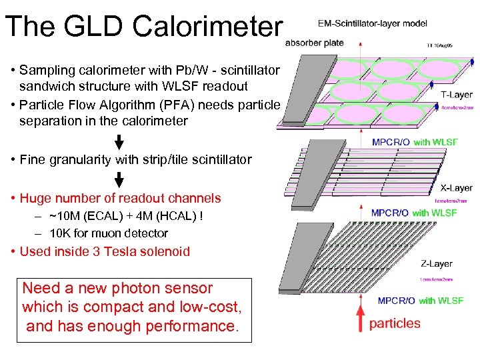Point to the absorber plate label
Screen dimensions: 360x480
tap(315, 43)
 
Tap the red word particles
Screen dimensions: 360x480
tap(395, 323)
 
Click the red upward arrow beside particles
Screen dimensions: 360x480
tap(363, 317)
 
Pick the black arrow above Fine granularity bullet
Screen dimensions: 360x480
tap(119, 141)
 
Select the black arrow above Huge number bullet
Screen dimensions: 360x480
tap(119, 179)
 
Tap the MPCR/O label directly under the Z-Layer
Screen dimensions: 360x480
tap(396, 301)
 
